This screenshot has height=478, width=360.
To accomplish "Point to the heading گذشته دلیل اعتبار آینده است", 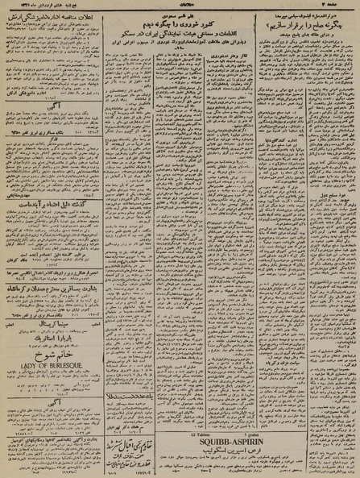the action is tap(53, 206).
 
